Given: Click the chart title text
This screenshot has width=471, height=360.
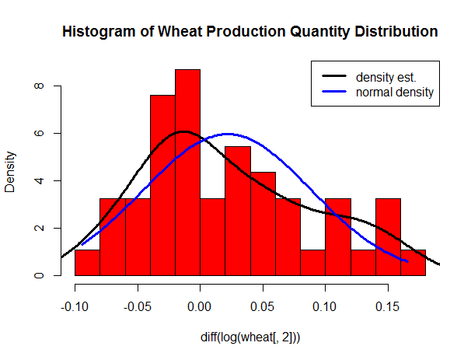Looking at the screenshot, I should click(249, 33).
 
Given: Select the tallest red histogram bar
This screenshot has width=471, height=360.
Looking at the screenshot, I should click(187, 171).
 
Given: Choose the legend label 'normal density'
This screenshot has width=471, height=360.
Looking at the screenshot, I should click(394, 93).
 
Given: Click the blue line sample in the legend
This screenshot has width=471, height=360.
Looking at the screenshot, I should click(336, 93).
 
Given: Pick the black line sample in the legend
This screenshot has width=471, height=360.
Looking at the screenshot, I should click(336, 77).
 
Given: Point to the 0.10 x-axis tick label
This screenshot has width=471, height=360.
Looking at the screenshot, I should click(326, 306).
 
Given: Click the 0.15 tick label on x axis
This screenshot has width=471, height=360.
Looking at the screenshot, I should click(389, 306).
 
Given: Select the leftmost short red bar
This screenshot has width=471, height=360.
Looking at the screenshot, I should click(87, 263).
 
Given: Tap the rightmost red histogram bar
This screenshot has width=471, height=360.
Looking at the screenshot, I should click(413, 263).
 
